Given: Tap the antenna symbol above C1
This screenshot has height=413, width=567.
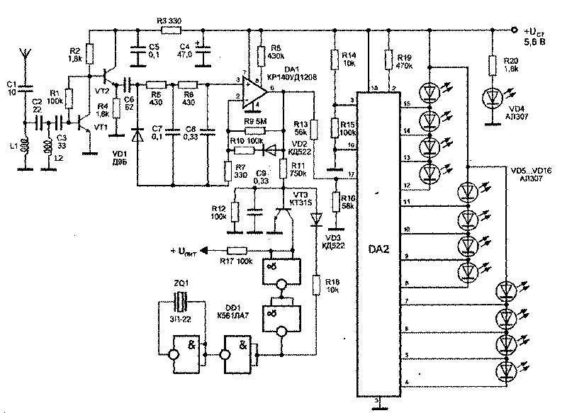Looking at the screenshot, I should pyautogui.click(x=23, y=55).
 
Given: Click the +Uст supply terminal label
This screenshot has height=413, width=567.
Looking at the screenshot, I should pyautogui.click(x=535, y=35).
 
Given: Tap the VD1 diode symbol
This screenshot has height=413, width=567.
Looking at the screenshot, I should pyautogui.click(x=138, y=137).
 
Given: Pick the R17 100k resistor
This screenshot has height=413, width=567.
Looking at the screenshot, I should pyautogui.click(x=237, y=249).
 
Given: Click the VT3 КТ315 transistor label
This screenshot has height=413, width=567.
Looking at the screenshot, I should pyautogui.click(x=298, y=197).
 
